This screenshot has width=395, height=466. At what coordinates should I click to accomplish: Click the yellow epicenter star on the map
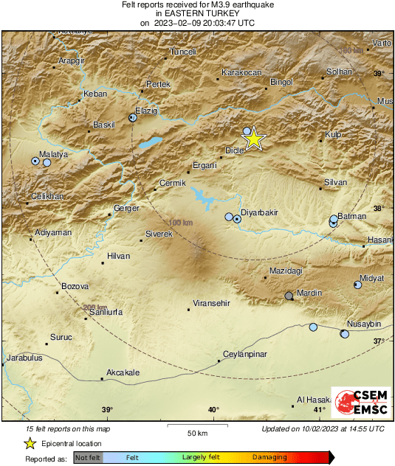[253, 138]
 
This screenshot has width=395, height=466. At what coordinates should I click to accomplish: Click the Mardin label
[309, 293]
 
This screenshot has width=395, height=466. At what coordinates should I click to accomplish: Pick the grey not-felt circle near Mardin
[289, 296]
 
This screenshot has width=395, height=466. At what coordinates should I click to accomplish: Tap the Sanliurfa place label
[106, 313]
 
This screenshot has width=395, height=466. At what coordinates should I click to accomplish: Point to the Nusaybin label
[363, 324]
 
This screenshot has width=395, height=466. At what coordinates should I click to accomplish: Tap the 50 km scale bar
[196, 426]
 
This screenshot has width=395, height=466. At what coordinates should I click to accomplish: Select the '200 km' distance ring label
[95, 307]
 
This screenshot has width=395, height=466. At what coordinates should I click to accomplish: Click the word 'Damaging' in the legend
[269, 458]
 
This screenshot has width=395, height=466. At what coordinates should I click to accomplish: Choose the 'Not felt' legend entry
[88, 458]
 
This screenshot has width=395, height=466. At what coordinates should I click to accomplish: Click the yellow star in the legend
[30, 443]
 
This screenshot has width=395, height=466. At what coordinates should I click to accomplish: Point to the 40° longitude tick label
[213, 410]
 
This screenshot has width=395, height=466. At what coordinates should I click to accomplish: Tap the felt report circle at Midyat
[358, 285]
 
